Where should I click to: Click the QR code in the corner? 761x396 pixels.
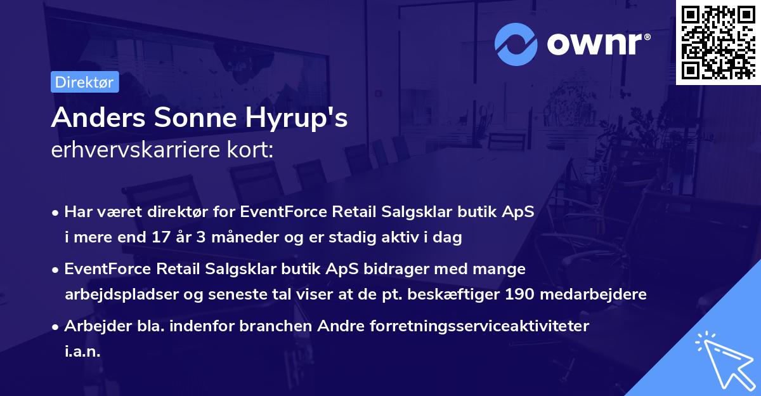pyautogui.click(x=718, y=42)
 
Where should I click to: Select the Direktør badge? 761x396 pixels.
pyautogui.click(x=84, y=82)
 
